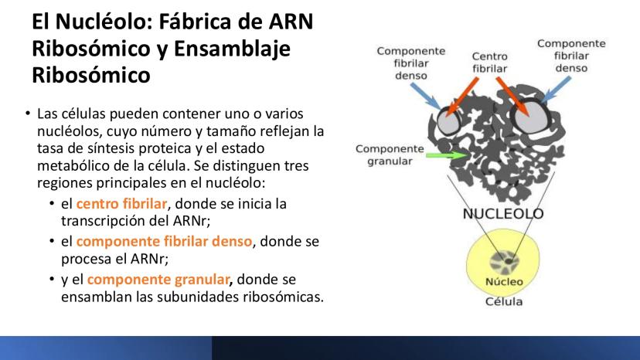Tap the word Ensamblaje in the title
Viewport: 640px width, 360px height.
click(x=232, y=49)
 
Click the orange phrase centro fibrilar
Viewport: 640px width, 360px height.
click(x=121, y=203)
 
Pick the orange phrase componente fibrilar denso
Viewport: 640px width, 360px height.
click(x=164, y=241)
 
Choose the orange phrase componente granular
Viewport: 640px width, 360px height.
click(x=158, y=279)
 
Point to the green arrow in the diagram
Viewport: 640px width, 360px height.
click(x=448, y=155)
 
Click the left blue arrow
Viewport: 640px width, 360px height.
click(x=426, y=97)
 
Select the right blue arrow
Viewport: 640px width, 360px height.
click(x=555, y=90)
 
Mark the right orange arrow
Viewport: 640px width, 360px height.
click(x=512, y=97)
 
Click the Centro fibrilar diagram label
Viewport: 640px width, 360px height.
click(x=490, y=63)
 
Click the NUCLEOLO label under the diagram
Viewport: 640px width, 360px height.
click(x=503, y=213)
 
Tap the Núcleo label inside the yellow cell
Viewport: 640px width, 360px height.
click(x=504, y=282)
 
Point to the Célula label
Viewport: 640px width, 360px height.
click(x=504, y=301)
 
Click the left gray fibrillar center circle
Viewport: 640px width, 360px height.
click(x=448, y=122)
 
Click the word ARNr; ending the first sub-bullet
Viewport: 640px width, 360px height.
click(x=192, y=220)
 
